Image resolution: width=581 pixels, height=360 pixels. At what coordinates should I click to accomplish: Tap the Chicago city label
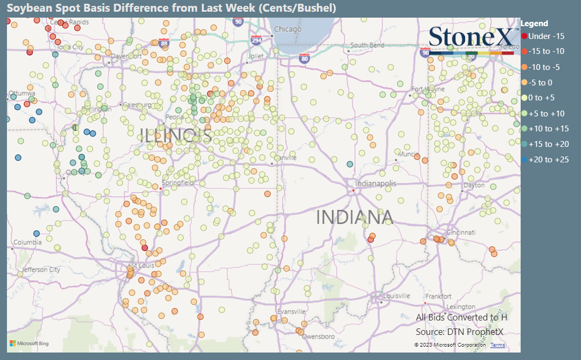pyautogui.click(x=288, y=29)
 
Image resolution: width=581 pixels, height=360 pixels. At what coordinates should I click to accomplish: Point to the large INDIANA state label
pyautogui.click(x=355, y=218)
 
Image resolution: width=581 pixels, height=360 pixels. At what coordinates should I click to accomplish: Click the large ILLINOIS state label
pyautogui.click(x=176, y=136)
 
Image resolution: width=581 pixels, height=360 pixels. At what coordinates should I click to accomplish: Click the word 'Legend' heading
pyautogui.click(x=534, y=24)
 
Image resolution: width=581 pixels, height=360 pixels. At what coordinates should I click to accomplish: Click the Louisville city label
pyautogui.click(x=396, y=296)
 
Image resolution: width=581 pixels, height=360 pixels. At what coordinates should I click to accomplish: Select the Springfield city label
pyautogui.click(x=179, y=183)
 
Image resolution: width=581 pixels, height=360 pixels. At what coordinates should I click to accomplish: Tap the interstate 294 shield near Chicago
pyautogui.click(x=257, y=40)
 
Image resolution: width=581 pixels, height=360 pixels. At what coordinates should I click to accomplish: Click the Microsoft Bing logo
pyautogui.click(x=29, y=343)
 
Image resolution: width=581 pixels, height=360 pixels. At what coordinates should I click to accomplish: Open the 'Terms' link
pyautogui.click(x=497, y=345)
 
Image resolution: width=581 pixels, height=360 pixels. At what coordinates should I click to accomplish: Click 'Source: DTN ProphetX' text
pyautogui.click(x=459, y=332)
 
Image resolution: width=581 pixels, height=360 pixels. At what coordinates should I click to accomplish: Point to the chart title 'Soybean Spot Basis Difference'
pyautogui.click(x=171, y=8)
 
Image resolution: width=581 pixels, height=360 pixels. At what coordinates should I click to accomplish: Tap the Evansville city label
pyautogui.click(x=291, y=312)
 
